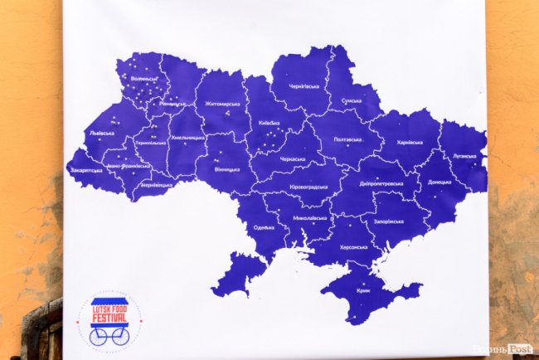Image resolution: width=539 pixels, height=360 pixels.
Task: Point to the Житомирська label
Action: coord(222,104)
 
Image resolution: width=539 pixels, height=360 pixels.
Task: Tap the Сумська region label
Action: coord(351,100)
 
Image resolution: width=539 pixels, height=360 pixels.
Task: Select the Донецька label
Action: coord(440,181)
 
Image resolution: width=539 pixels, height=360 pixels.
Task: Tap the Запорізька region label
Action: coord(389,221)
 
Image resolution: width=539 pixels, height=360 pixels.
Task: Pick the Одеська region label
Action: coord(264,227)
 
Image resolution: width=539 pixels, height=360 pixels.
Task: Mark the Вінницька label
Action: coord(226,169)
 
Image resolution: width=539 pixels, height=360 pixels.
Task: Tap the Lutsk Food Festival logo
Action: coord(109,320)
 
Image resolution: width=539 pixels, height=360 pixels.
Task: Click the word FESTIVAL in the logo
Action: coord(109,317)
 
